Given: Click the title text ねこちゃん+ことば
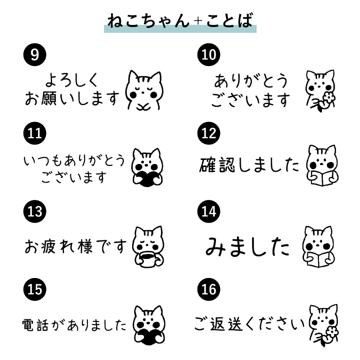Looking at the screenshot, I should click(180, 20).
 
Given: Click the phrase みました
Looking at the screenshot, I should click(248, 245).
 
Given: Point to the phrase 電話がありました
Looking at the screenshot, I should click(75, 325).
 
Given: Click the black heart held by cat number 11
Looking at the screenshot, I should click(147, 178).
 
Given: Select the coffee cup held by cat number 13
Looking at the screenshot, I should click(148, 259).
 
